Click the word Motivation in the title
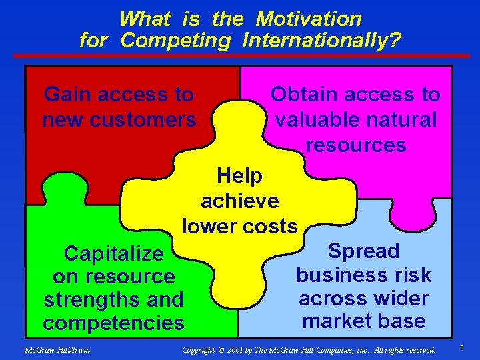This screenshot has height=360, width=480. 308,19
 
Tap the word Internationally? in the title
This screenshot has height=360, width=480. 322,41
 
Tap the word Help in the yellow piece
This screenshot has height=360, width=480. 240,176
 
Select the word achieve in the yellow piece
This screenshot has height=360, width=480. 240,201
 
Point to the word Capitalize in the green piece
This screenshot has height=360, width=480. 113,253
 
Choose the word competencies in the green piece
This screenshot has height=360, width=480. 113,323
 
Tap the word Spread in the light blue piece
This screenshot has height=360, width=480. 364,251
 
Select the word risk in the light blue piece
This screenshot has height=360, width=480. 414,275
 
